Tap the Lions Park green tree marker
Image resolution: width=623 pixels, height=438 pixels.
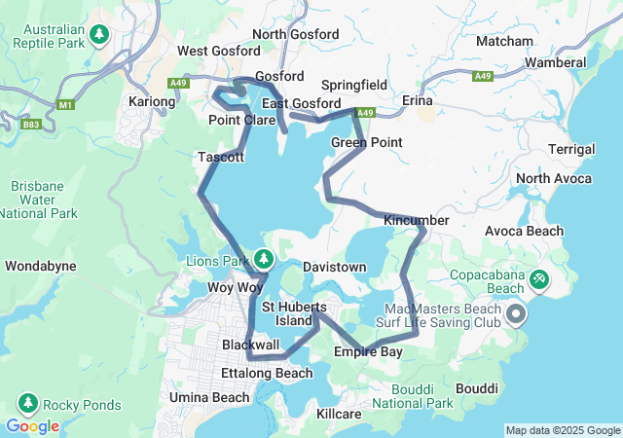[x=264, y=259]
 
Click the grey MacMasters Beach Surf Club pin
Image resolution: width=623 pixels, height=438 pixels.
[x=515, y=314]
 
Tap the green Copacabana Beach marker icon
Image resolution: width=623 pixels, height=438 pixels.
[x=538, y=281]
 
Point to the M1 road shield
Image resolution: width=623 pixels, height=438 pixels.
[x=66, y=104]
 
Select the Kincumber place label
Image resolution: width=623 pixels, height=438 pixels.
[x=417, y=221]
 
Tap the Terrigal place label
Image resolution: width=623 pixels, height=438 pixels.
[x=571, y=149]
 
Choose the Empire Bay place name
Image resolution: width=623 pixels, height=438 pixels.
[x=368, y=351]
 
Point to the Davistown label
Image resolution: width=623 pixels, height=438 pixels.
[x=334, y=266]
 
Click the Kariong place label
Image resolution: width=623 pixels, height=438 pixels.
[x=152, y=101]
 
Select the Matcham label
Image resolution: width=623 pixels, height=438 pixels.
[x=505, y=41]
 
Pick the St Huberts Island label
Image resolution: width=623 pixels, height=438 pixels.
[x=294, y=313]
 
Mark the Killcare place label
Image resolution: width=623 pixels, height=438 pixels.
[x=340, y=414]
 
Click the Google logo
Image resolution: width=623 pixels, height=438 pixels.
[x=32, y=425]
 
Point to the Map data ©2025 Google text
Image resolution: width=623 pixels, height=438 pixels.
[x=562, y=430]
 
